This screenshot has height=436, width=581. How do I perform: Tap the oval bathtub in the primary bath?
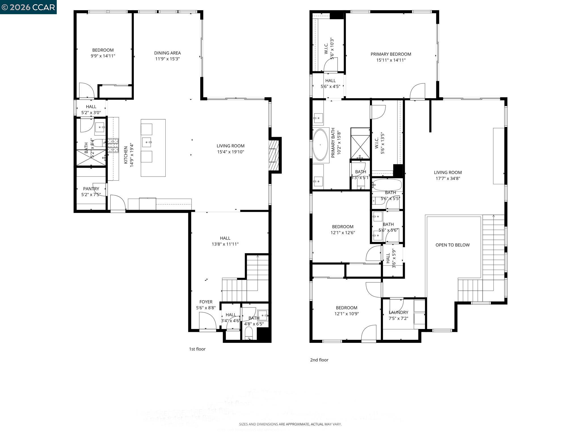pyautogui.click(x=320, y=145)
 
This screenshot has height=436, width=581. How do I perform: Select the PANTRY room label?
pyautogui.click(x=91, y=189)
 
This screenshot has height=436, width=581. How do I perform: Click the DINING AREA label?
pyautogui.click(x=167, y=53)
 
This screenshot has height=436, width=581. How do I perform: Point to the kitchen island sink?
pyautogui.click(x=147, y=141)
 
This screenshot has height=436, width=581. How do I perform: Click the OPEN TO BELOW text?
pyautogui.click(x=452, y=245)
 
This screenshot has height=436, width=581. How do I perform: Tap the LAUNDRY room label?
pyautogui.click(x=398, y=313)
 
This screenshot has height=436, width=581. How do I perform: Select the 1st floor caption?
pyautogui.click(x=197, y=349)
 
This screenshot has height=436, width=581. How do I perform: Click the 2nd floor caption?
pyautogui.click(x=319, y=360)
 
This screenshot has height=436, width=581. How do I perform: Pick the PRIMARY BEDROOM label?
pyautogui.click(x=391, y=54)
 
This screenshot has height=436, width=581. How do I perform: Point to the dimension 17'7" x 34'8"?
pyautogui.click(x=448, y=179)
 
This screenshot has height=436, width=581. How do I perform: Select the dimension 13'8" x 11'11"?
pyautogui.click(x=225, y=244)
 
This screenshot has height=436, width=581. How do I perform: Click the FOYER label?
pyautogui.click(x=206, y=302)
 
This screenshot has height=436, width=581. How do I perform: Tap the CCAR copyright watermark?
pyautogui.click(x=28, y=7)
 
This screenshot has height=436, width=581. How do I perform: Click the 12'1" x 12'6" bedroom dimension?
pyautogui.click(x=343, y=233)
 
